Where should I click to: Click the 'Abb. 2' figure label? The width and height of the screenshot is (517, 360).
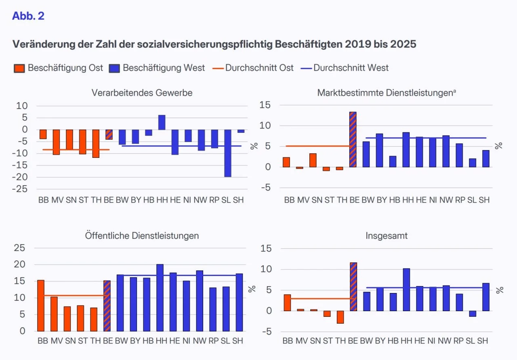tap(28, 16)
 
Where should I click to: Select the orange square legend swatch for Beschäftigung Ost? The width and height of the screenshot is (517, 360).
tap(19, 68)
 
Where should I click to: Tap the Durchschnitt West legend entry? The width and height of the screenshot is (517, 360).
tap(345, 68)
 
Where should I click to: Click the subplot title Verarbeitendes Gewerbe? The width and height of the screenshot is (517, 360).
tap(142, 93)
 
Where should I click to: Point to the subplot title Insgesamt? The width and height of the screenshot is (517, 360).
tap(387, 236)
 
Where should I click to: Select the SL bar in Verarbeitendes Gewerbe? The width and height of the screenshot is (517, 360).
tap(228, 153)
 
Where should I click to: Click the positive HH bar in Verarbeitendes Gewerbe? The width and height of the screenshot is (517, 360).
tap(162, 122)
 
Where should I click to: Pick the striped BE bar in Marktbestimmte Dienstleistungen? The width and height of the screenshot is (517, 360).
tap(353, 139)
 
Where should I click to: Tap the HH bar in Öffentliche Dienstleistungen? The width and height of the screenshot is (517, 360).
tap(160, 297)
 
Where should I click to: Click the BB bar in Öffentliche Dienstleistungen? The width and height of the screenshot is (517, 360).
tap(41, 306)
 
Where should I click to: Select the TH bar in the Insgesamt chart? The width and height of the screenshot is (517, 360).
tap(340, 317)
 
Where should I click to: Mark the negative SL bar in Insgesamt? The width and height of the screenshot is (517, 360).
tap(473, 314)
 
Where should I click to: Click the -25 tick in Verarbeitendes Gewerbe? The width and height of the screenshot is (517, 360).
tap(20, 189)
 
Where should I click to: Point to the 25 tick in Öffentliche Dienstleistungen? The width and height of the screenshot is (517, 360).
tap(19, 248)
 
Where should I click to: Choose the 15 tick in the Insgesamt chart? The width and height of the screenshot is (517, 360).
tap(266, 248)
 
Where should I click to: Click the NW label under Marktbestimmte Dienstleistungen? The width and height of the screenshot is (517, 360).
tap(446, 200)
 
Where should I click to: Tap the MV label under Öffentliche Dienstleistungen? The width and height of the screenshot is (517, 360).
tap(57, 341)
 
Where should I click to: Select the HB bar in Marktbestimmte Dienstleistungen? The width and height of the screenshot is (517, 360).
tap(393, 161)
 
